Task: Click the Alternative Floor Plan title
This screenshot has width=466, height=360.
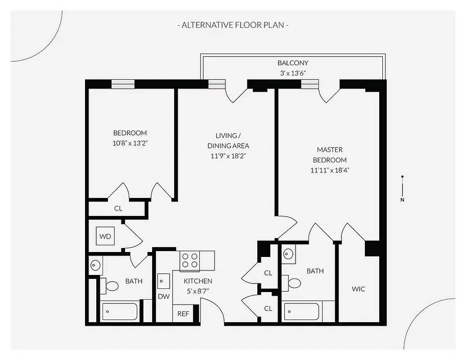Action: tap(233, 25)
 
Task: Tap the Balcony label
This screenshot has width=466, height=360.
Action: tap(293, 63)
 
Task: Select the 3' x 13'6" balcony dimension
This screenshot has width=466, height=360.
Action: tap(293, 73)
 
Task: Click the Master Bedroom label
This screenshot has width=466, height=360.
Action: tap(330, 155)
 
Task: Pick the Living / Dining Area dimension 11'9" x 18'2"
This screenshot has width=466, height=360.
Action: tap(228, 156)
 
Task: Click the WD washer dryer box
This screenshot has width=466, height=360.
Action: tap(105, 236)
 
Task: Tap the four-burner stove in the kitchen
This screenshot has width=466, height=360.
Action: tap(190, 261)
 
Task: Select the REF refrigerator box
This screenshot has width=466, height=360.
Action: tap(183, 314)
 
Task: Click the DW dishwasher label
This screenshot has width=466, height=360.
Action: tap(163, 297)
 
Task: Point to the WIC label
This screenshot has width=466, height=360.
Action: tap(358, 289)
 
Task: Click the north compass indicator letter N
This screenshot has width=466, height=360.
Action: tap(403, 200)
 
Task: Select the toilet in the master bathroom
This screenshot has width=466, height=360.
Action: tap(293, 283)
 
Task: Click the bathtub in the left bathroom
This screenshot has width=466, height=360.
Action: tap(120, 311)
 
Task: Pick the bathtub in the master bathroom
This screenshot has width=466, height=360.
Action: tap(302, 311)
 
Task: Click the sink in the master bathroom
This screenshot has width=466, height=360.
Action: tap(288, 255)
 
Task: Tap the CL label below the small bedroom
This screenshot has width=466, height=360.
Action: tap(118, 209)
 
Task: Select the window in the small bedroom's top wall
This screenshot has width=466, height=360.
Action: tap(123, 84)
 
